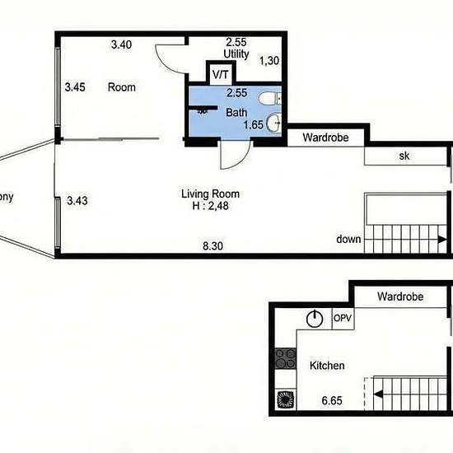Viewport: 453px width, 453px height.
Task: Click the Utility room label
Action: coord(236,54)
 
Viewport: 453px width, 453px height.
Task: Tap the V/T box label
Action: coord(221,75)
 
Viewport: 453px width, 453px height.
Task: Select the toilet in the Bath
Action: coord(270,99)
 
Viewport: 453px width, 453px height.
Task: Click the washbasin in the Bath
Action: coord(273,123)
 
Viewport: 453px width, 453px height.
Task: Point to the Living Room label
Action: coord(210,194)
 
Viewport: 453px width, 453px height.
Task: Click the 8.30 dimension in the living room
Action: coord(213,246)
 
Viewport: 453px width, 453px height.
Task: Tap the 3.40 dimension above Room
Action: coord(121,44)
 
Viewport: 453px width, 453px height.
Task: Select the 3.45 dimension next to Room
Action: coord(75,87)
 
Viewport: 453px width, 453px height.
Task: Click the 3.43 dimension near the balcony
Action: coord(77,200)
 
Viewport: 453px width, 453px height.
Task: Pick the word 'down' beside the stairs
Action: coord(348,239)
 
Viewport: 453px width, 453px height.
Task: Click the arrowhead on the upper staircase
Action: coord(442,240)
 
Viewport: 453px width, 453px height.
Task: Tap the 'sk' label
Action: coord(404,156)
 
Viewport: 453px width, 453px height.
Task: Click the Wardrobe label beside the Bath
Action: coord(325,138)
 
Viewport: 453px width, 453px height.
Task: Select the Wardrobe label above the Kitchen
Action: coord(400,297)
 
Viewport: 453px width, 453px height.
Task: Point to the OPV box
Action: coord(343,319)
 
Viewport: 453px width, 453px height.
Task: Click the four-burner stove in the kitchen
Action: coord(286,358)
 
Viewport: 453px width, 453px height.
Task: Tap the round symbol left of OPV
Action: coord(315,319)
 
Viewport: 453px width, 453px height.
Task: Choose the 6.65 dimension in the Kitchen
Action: coord(332,401)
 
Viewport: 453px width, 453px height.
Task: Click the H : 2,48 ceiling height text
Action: coord(210,206)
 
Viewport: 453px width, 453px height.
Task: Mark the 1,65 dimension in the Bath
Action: coord(254,125)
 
